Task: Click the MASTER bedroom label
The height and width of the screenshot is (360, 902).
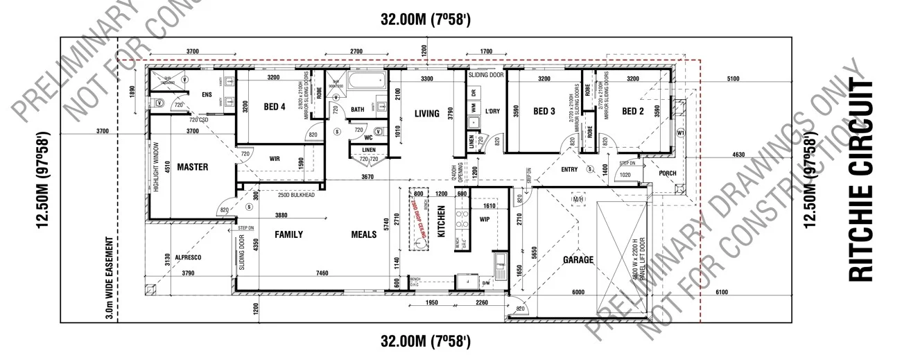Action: [192, 167]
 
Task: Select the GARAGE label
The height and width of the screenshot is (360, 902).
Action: [578, 260]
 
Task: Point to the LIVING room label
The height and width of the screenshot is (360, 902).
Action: [426, 114]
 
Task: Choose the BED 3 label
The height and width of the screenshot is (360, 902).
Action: [544, 111]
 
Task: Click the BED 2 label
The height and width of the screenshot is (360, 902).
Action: [633, 111]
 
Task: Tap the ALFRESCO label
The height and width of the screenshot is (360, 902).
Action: [187, 257]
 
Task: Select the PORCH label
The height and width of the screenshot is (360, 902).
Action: [667, 173]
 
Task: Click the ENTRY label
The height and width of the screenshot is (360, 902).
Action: [569, 169]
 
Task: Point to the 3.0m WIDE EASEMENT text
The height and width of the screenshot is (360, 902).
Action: [109, 275]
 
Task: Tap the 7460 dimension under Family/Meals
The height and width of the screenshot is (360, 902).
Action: [322, 274]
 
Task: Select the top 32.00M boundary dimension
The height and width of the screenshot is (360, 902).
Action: [426, 20]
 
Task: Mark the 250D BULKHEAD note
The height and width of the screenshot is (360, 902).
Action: [296, 196]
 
